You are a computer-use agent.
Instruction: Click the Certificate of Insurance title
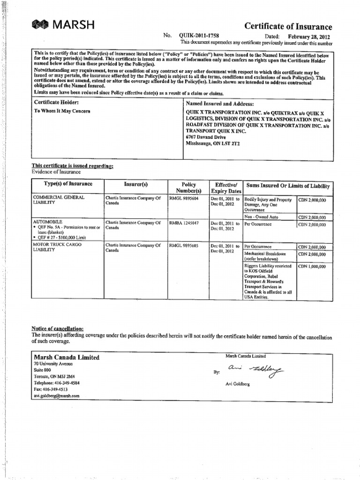288,27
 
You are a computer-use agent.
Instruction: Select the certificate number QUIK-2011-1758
197,36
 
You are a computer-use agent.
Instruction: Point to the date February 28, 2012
309,36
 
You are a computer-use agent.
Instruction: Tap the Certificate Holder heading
56,102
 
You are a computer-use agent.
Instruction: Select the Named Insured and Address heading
219,103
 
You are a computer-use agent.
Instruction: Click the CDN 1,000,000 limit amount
312,266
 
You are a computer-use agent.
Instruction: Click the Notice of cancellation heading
58,329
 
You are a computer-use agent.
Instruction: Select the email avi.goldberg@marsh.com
56,396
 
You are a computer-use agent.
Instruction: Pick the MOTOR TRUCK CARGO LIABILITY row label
56,247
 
